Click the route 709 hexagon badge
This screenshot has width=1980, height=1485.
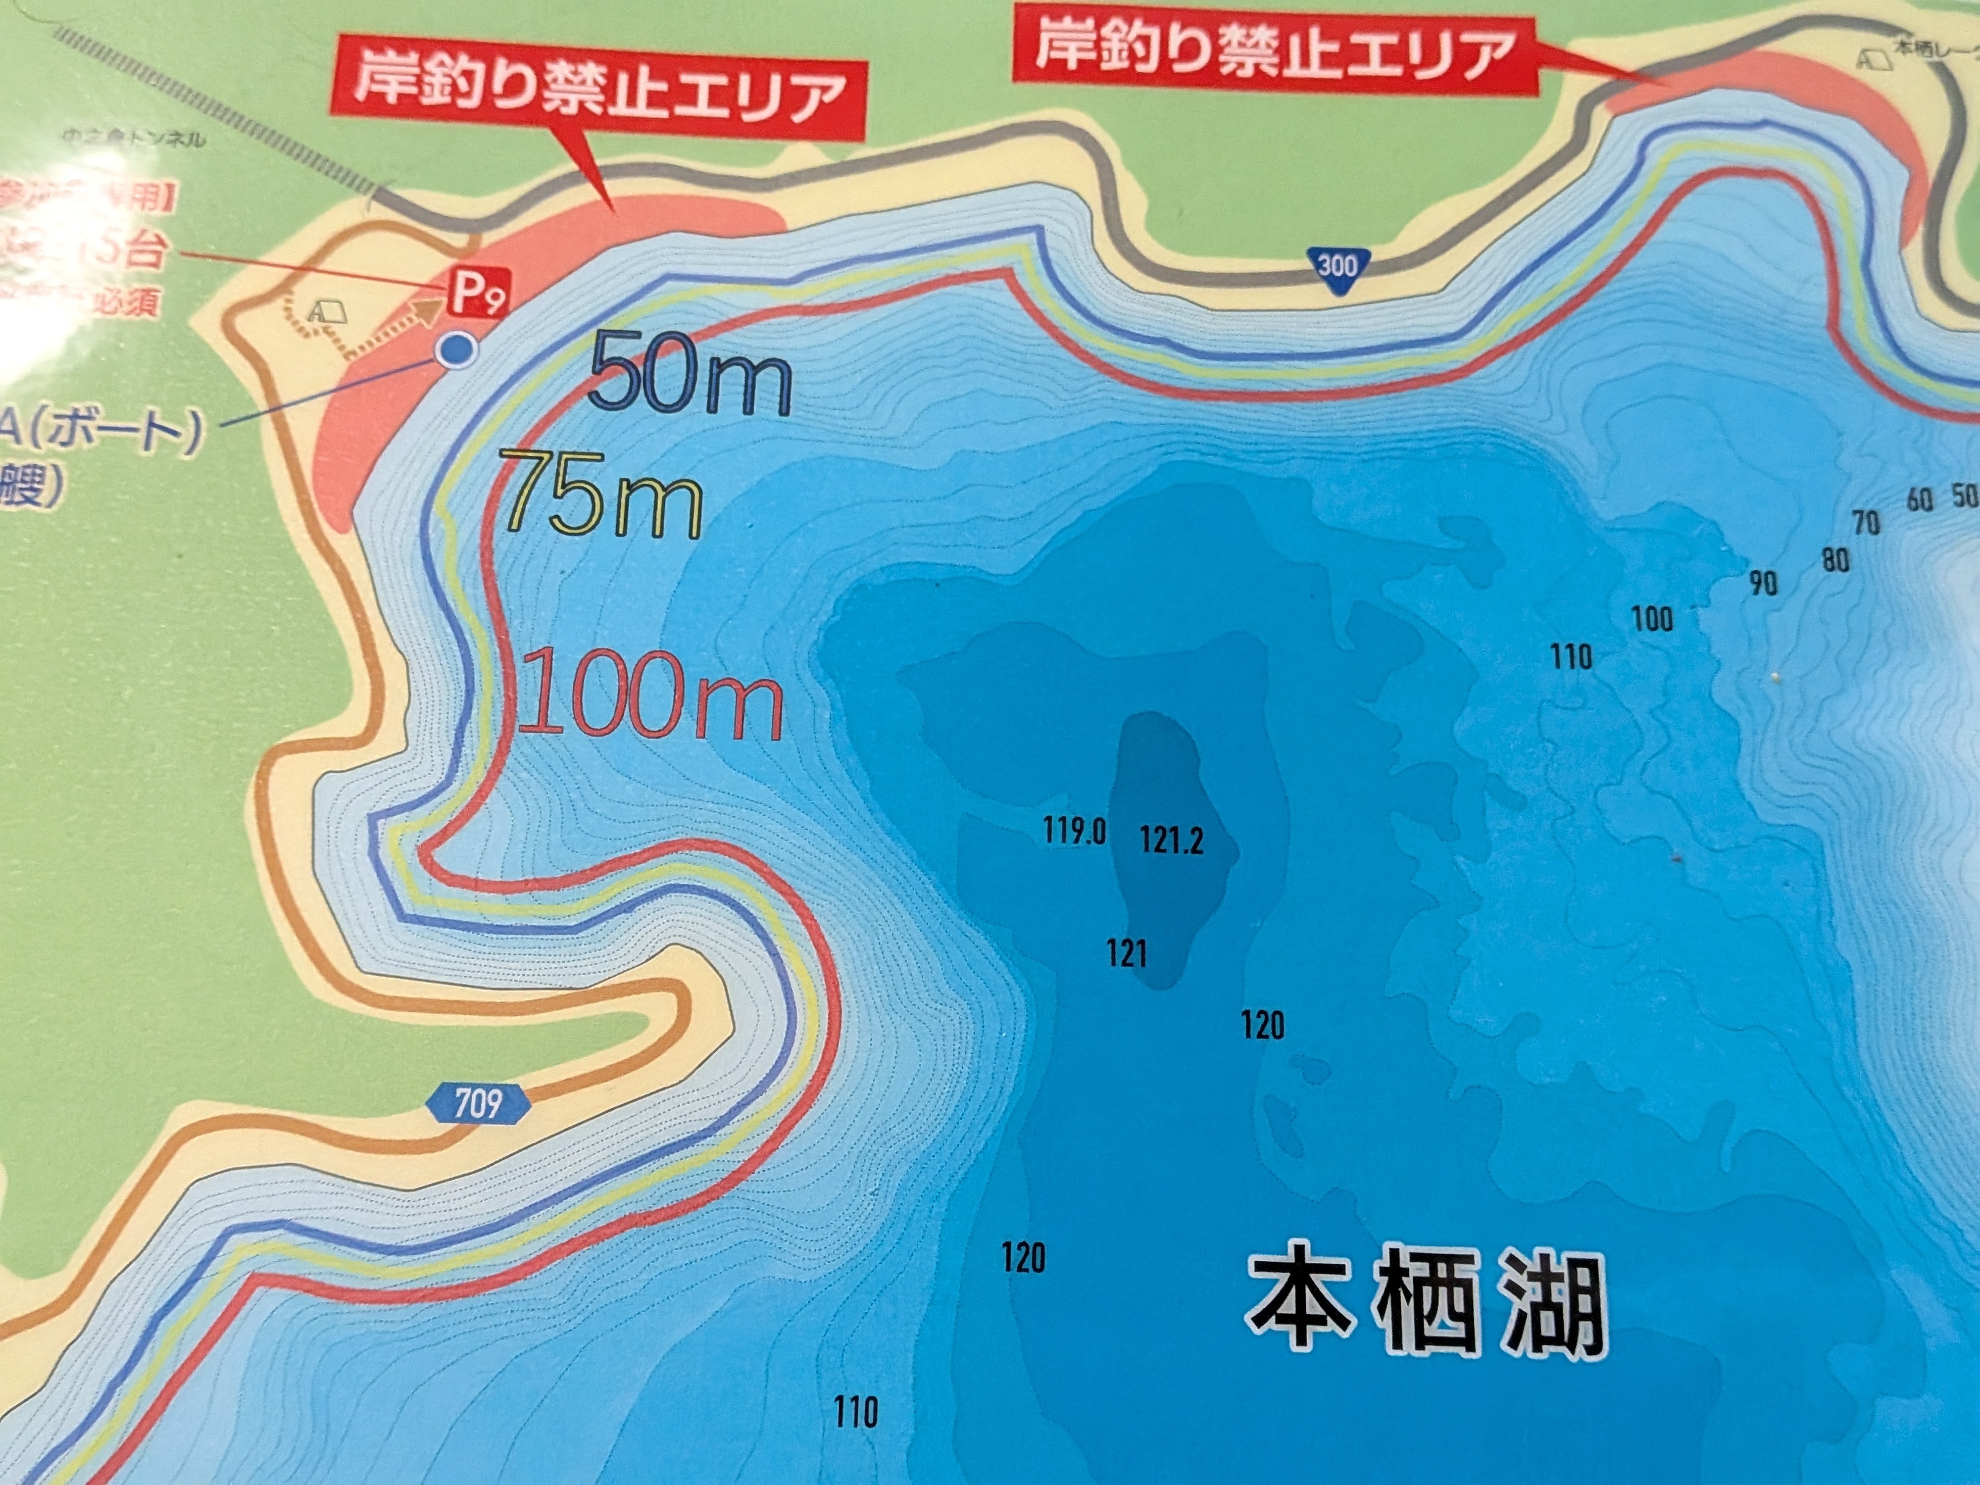coord(478,1104)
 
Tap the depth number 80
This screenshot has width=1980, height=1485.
coord(1835,560)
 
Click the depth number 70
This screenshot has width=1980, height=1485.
coord(1866,522)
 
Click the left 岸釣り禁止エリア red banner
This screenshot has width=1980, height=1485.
coord(598,95)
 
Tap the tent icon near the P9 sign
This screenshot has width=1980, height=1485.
coord(328,310)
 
